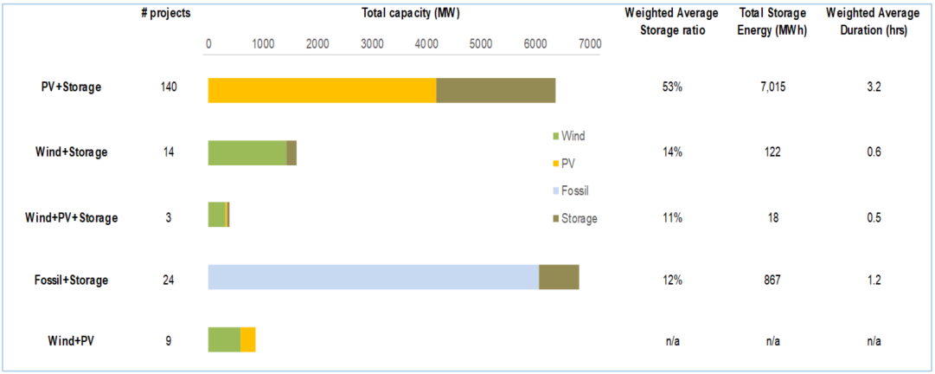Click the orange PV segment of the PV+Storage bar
(322, 91)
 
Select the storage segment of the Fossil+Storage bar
(559, 277)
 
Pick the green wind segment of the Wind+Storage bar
(247, 153)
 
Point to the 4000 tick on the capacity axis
(426, 44)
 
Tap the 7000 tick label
(590, 44)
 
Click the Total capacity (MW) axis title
(400, 14)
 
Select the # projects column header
(166, 14)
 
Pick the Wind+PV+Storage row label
(71, 218)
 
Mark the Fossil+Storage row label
(71, 280)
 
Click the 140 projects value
(169, 87)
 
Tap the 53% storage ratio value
(674, 87)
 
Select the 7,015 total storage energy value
(772, 87)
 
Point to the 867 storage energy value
(772, 280)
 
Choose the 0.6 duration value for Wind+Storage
(874, 152)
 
